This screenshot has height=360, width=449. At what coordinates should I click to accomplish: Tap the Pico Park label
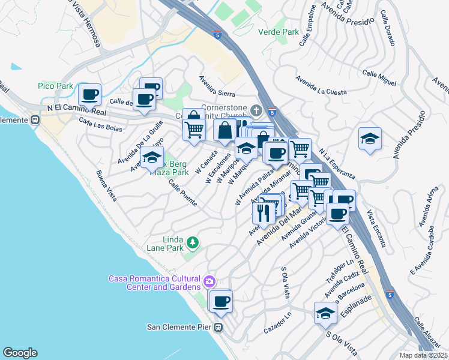tap(55, 86)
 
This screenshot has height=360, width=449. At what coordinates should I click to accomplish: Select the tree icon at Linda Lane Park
tap(192, 242)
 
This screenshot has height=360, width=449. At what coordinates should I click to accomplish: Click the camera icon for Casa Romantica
tap(209, 281)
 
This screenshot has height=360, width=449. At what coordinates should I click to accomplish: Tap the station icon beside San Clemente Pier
tap(218, 328)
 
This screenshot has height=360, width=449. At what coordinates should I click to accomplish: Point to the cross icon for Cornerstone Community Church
tap(256, 110)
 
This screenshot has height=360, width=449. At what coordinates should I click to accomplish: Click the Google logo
tap(20, 353)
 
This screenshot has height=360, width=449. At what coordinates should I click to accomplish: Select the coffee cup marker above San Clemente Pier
tap(221, 301)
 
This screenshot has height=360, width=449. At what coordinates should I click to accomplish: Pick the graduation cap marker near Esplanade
tap(326, 313)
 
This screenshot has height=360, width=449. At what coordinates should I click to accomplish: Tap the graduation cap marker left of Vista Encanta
tap(370, 139)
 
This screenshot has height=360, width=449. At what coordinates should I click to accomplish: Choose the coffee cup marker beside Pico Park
tap(90, 94)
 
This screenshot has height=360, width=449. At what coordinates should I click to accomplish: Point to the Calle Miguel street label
tap(379, 73)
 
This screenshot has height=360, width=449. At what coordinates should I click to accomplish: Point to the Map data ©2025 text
tap(423, 355)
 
